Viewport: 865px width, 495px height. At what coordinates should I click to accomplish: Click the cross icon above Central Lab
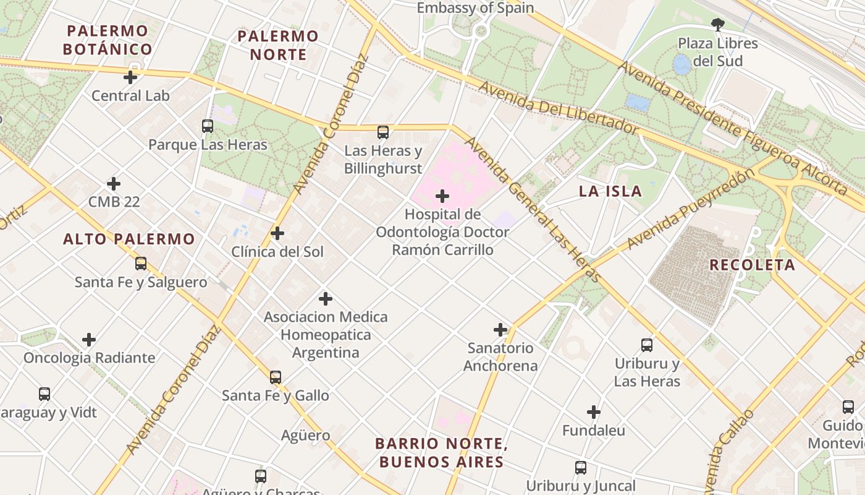coord(130,77)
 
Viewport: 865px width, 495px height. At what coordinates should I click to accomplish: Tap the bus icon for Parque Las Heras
coord(208,126)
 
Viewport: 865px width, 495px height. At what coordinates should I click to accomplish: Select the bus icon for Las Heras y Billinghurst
coord(383,132)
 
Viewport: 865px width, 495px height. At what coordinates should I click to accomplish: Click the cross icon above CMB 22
coord(114,184)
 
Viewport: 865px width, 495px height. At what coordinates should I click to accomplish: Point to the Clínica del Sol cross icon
coord(277,233)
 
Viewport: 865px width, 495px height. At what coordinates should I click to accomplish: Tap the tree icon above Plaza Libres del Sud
coord(717,25)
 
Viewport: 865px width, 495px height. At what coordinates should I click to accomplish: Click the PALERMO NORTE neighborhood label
coord(278,45)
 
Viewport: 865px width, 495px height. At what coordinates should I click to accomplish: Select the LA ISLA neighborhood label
coord(610,191)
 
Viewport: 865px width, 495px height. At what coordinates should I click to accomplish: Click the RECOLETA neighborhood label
coord(752,265)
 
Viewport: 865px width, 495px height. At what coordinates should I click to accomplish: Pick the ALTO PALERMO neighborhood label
coord(129,239)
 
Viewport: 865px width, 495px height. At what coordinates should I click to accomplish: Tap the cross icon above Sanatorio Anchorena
coord(500,330)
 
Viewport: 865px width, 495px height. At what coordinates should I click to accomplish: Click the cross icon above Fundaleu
coord(594,412)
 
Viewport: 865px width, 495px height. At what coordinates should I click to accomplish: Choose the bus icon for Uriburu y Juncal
coord(581,468)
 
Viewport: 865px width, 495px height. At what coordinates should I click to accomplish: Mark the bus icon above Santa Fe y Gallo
coord(276,377)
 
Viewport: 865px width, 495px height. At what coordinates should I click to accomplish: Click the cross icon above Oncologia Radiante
coord(89,340)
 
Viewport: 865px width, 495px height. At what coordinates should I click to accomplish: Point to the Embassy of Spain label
coord(475,8)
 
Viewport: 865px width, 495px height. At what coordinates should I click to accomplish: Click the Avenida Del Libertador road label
coord(558,108)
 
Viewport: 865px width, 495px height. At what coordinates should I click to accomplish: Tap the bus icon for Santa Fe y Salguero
coord(141,264)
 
